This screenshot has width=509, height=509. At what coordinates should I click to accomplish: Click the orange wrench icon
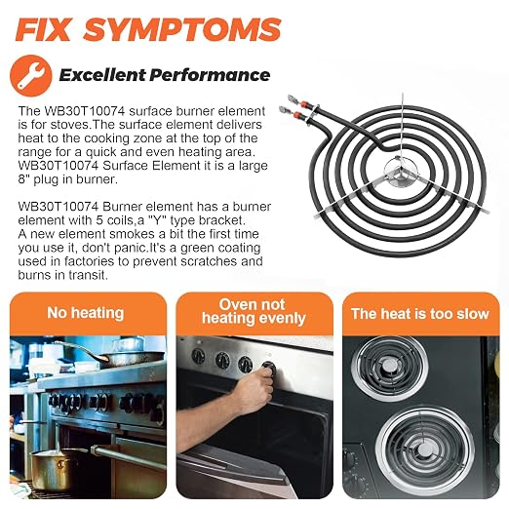(x=31, y=76)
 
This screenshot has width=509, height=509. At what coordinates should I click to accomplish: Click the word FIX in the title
(x=43, y=29)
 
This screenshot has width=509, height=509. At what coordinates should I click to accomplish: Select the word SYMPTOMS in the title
(x=182, y=29)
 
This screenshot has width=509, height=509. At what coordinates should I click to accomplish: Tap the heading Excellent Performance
(x=165, y=75)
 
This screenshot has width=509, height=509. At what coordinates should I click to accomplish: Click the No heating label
(x=86, y=313)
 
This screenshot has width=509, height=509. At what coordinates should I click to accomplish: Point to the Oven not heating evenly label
(x=254, y=311)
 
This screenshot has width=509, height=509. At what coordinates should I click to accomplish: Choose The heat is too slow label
(x=420, y=314)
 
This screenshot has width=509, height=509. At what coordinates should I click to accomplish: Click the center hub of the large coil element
(x=400, y=170)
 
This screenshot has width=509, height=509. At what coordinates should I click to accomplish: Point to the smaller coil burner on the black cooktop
(x=389, y=368)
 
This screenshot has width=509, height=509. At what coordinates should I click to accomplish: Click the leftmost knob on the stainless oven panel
(x=198, y=356)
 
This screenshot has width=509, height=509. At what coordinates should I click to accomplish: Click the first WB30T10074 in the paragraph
(x=85, y=111)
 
